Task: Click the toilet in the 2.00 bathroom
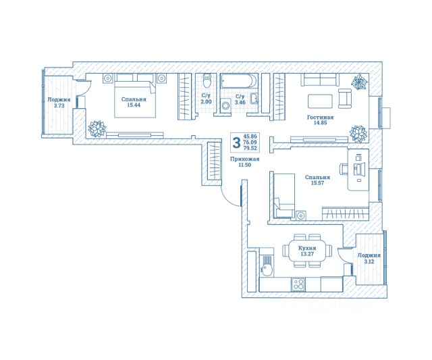tap(207, 80)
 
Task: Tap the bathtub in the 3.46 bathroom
tap(239, 81)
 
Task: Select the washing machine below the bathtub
tap(226, 105)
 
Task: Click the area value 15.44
tap(134, 105)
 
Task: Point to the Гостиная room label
tap(320, 118)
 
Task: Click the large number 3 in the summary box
tap(236, 143)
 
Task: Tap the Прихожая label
tap(245, 159)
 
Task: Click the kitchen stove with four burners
tap(298, 284)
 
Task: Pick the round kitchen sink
tap(267, 269)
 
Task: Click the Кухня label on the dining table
tap(307, 249)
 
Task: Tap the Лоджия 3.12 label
tap(369, 259)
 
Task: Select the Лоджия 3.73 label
tap(59, 102)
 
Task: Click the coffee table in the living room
tap(320, 102)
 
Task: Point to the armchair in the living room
tap(345, 99)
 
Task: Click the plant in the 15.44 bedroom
tap(97, 128)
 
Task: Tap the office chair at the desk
tap(345, 169)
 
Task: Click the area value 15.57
tap(318, 183)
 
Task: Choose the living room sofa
tap(320, 80)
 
